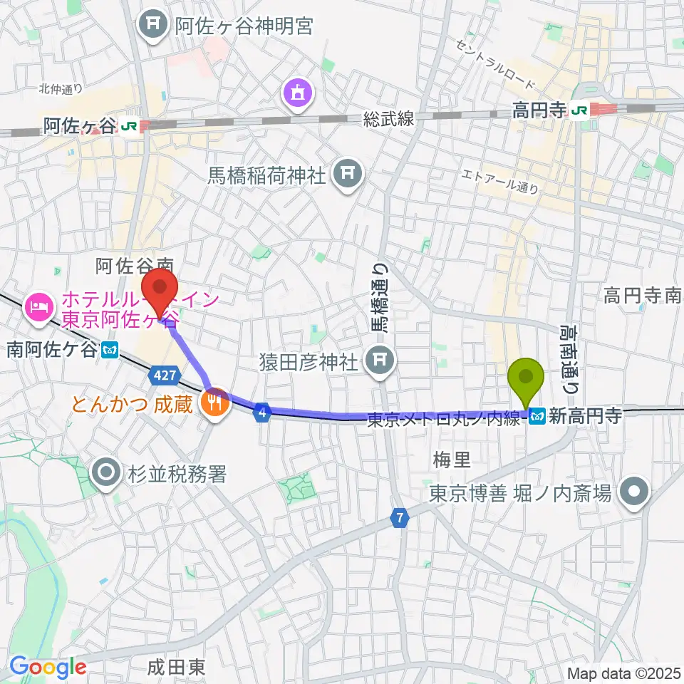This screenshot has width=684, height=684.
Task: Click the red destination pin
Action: [x=159, y=286]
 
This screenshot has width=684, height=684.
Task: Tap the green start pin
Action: [x=526, y=377]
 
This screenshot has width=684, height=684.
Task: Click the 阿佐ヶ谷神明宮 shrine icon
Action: [x=153, y=26]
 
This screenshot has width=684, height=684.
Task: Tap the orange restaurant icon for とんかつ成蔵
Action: [x=215, y=403]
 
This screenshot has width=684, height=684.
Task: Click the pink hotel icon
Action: [x=36, y=308]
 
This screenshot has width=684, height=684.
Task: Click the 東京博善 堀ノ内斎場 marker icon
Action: [x=631, y=492]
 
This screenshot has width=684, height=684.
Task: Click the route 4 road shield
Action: [x=262, y=412]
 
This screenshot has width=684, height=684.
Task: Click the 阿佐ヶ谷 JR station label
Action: [x=78, y=126]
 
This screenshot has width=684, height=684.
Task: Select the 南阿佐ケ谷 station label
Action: [x=53, y=350]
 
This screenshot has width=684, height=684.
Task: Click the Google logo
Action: [x=47, y=668]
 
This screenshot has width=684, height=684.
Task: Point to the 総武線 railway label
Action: [x=388, y=119]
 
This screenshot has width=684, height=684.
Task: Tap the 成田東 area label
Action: [x=177, y=667]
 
